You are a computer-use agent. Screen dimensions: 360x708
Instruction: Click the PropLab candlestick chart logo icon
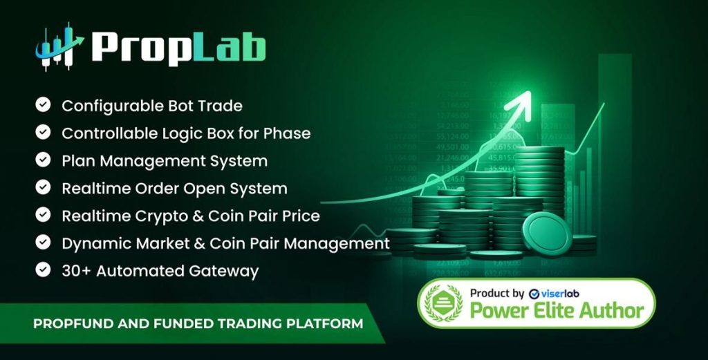58,48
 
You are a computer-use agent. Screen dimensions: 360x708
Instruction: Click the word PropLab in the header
178,47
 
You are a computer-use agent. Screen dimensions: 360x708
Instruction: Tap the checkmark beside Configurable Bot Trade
44,105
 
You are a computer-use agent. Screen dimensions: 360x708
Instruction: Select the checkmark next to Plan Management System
44,160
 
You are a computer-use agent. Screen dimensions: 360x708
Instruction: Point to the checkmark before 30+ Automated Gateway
44,270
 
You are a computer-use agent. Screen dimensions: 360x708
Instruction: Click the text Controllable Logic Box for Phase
185,133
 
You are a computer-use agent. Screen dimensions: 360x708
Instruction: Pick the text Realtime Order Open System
174,188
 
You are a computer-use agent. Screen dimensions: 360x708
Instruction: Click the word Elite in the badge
551,310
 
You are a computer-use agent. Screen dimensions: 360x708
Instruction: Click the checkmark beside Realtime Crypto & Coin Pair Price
44,216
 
